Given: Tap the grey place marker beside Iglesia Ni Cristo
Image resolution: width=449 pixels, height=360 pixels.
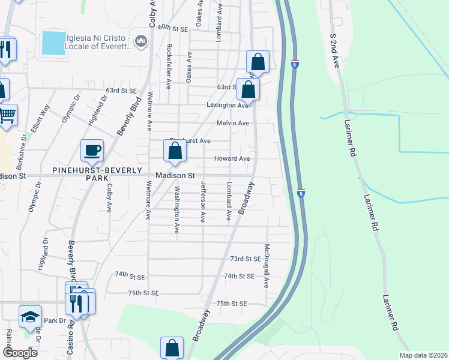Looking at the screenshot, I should tap(142, 41).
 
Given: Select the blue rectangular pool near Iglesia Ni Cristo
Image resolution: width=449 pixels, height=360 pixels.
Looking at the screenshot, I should tap(54, 43).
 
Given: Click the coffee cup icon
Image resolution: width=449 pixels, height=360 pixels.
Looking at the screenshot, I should tap(92, 151).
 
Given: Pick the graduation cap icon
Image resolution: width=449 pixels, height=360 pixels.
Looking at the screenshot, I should tap(30, 317).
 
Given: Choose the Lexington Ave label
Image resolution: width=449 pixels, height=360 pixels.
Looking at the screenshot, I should tap(228, 105).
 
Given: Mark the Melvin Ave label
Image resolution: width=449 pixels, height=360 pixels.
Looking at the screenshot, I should tap(233, 123).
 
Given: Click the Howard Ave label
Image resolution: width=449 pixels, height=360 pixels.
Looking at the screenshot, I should tap(232, 158).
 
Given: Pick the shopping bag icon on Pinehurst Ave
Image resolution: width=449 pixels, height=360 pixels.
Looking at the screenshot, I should tap(175, 151).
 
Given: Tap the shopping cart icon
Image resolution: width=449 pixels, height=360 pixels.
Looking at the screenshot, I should tap(7, 113).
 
